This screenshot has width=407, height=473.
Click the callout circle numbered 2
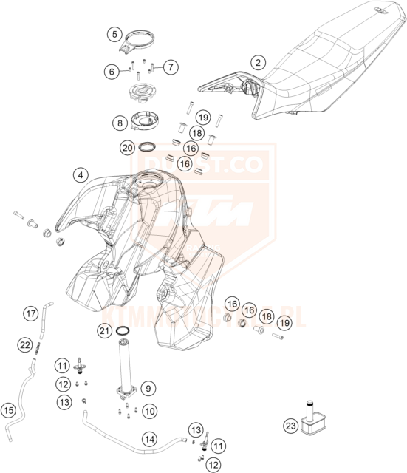point(257,63)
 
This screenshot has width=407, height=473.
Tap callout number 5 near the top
point(114,33)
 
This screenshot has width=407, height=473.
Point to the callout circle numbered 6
point(112,72)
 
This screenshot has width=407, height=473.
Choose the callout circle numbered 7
point(169,67)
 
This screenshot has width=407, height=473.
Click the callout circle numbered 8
point(118,122)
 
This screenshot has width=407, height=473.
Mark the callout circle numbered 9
point(148,387)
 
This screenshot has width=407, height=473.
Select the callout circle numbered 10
point(148,409)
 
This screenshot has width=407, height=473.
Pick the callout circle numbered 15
point(9,409)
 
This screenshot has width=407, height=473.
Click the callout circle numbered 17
point(30,314)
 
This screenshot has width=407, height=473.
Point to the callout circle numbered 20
point(128,148)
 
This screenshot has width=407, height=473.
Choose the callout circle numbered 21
point(104,330)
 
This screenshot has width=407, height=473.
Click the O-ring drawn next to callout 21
point(126,330)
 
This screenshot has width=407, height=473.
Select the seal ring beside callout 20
point(147,148)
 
